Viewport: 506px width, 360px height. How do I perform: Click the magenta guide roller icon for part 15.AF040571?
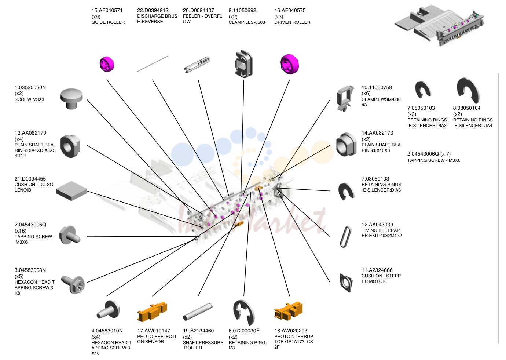[107, 64]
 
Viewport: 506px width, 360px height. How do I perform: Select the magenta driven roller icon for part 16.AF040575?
[290, 64]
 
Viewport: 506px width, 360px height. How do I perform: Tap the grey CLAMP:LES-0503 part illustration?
[244, 64]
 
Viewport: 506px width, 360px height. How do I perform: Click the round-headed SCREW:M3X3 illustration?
[71, 99]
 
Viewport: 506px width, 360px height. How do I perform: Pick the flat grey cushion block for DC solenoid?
[71, 191]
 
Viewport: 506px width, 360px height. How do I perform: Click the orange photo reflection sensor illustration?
[152, 312]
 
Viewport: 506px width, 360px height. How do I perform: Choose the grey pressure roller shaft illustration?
[198, 312]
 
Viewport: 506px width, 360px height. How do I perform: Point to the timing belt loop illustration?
[346, 237]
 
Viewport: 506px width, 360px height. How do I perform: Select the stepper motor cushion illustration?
[346, 283]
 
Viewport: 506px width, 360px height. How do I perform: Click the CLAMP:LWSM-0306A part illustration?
[345, 98]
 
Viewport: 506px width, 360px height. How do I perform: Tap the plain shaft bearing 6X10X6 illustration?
[346, 145]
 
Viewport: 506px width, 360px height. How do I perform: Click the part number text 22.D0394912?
[153, 10]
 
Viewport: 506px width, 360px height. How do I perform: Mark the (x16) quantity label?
[21, 231]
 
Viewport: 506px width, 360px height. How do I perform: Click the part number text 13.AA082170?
[30, 133]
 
